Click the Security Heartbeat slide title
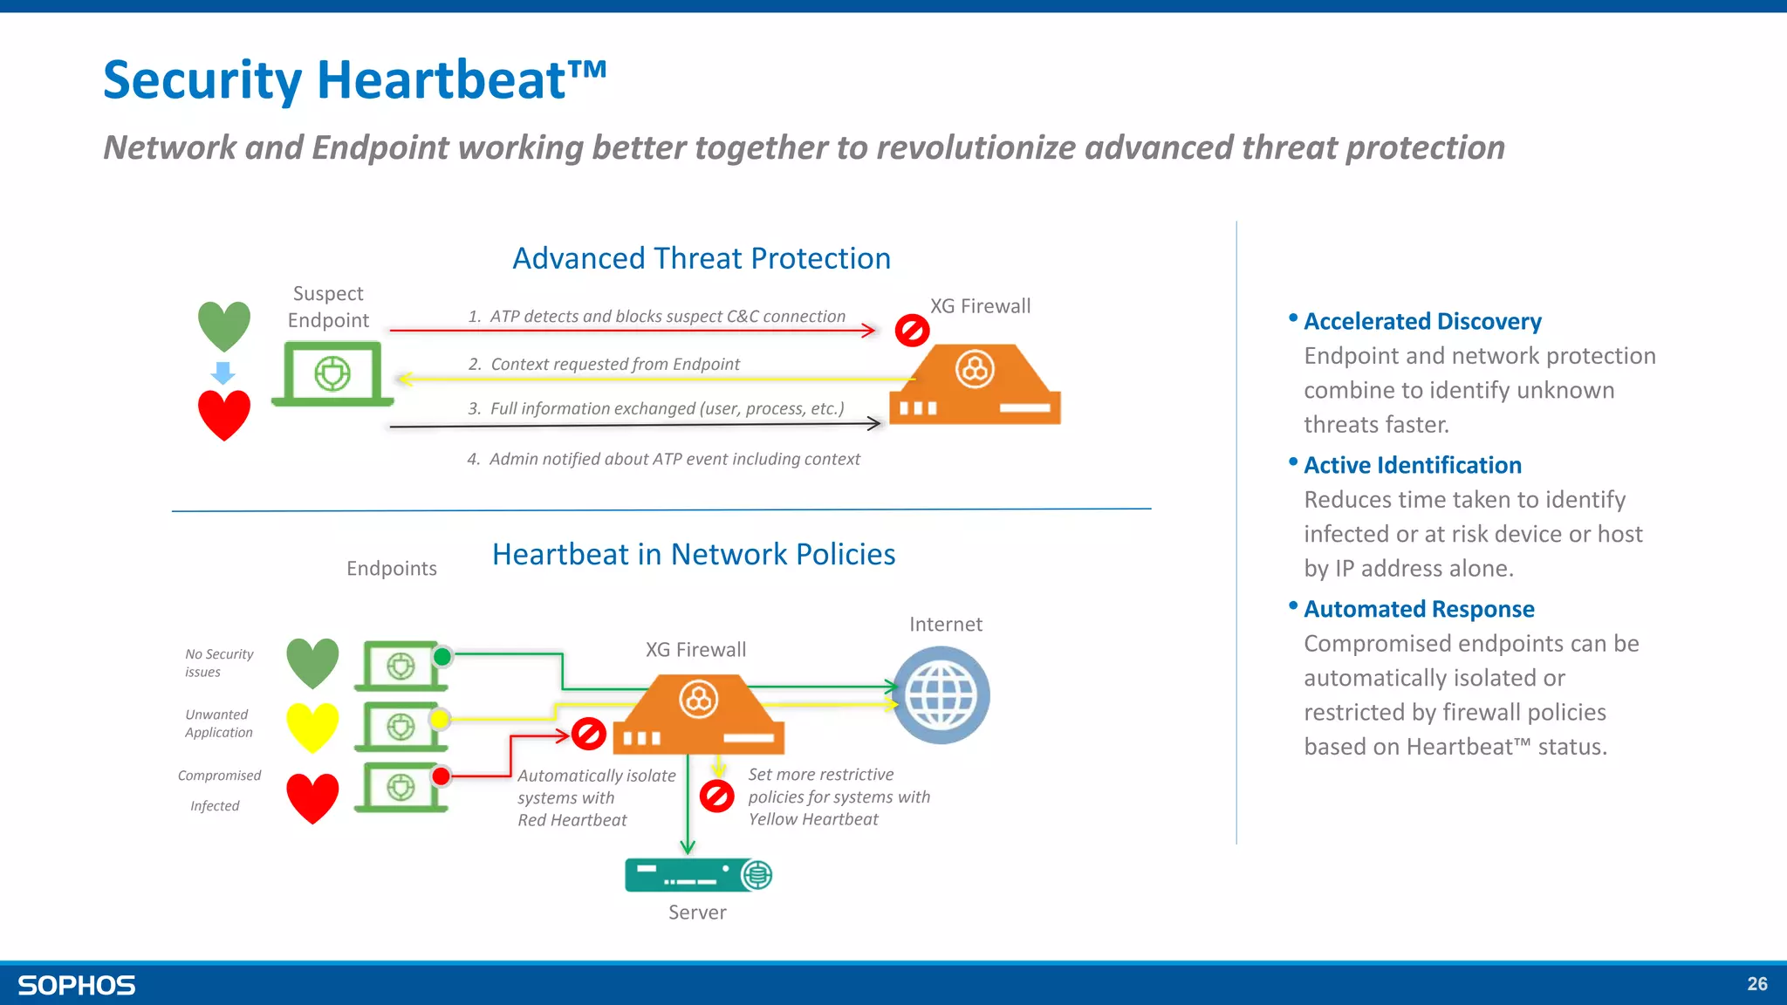354,80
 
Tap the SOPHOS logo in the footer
77,985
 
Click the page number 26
1756,984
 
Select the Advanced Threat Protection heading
701,258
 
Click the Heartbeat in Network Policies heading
693,554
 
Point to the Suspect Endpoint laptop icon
332,374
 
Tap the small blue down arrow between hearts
223,373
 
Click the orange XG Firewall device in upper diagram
975,386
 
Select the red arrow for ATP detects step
632,331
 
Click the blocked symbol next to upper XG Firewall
912,331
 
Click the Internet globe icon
941,695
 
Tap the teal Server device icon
698,875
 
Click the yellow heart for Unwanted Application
312,726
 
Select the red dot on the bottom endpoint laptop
442,776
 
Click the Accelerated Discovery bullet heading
1421,321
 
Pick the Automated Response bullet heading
1418,609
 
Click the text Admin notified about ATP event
674,459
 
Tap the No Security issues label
218,663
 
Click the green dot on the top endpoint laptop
442,656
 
